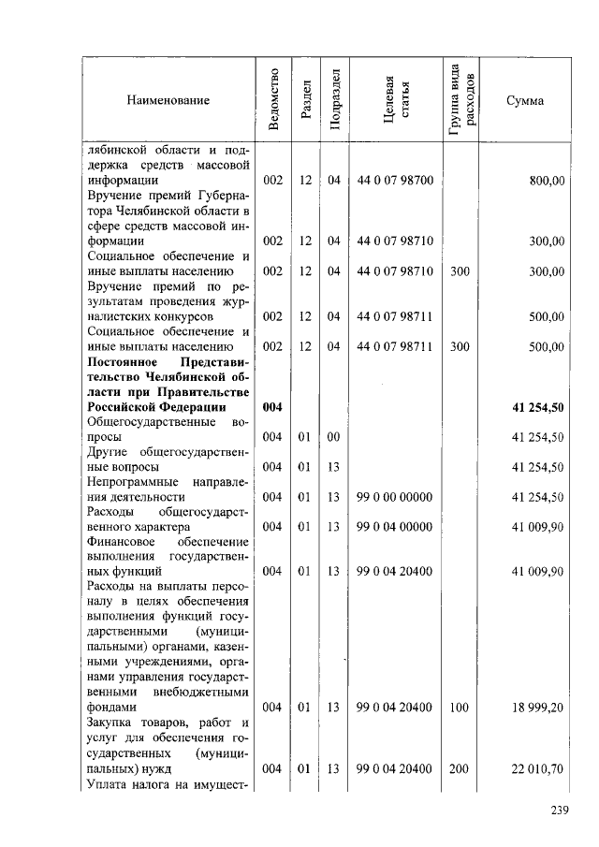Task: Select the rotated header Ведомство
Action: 272,100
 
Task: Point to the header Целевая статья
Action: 395,100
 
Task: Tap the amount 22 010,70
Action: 537,768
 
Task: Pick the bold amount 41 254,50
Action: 537,407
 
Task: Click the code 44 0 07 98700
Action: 395,181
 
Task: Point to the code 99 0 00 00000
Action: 395,497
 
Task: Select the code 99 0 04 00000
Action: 395,527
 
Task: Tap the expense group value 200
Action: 459,768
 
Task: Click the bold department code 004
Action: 272,407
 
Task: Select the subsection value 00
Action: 334,437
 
